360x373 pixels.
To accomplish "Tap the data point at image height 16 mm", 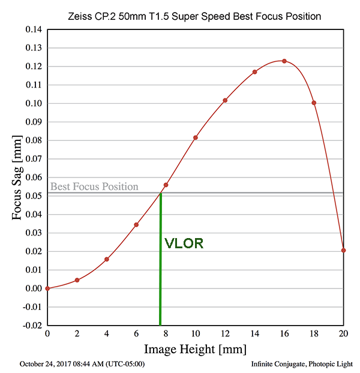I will (x=284, y=61).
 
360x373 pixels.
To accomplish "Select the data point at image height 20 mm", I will (x=343, y=250).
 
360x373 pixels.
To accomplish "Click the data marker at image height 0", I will (x=47, y=288).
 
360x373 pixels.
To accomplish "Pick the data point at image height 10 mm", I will (x=195, y=138).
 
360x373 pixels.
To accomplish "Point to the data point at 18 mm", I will (x=314, y=103).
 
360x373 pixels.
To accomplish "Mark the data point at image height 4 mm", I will (x=107, y=259).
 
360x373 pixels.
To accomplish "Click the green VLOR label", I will (x=184, y=244).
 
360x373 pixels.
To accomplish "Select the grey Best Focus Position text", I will (x=94, y=186).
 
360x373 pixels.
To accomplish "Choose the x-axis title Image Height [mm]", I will (x=194, y=349).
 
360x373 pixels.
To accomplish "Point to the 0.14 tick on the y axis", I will (x=32, y=29).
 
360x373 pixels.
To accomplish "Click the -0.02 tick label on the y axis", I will (x=31, y=326).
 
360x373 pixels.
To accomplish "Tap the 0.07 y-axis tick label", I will (x=32, y=159).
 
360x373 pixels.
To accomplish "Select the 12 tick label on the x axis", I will (x=225, y=333).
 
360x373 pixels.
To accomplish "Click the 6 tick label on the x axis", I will (x=136, y=333).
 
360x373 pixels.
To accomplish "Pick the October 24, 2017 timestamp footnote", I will (x=82, y=364).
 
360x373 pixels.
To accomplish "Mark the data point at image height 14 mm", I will (x=254, y=72).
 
